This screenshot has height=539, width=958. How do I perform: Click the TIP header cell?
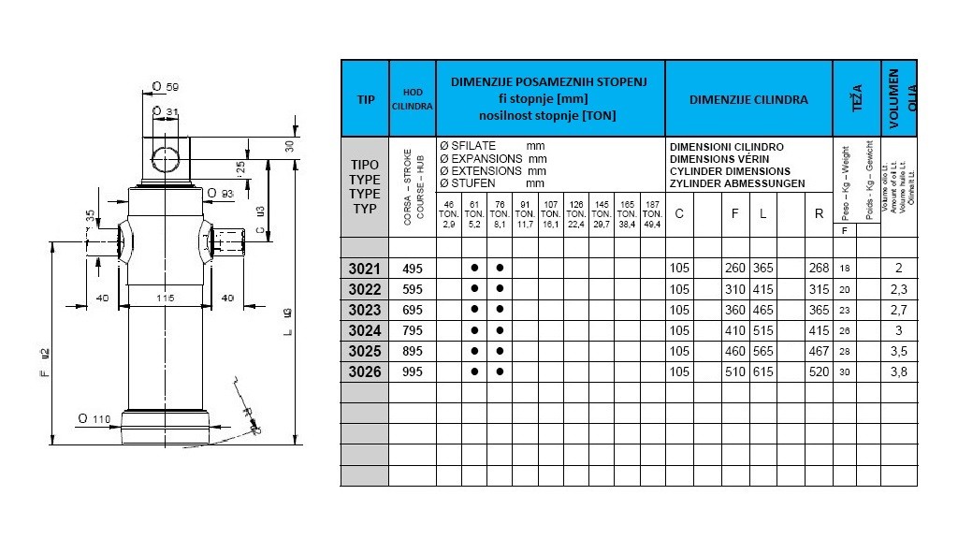click(x=364, y=98)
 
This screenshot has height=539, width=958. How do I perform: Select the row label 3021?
click(x=364, y=269)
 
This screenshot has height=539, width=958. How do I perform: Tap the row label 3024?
click(x=364, y=330)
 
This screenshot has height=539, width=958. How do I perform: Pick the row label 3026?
click(x=364, y=371)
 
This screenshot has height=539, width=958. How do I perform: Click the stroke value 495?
click(x=413, y=269)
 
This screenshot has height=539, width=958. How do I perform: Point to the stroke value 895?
click(x=413, y=351)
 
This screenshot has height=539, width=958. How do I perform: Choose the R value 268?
click(x=819, y=269)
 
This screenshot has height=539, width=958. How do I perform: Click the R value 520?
click(x=819, y=371)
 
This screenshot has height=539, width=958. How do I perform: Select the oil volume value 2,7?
click(x=899, y=310)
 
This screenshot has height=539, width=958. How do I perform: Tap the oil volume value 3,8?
click(x=899, y=371)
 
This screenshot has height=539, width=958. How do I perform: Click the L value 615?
click(x=763, y=371)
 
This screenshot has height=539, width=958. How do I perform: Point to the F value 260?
click(x=735, y=269)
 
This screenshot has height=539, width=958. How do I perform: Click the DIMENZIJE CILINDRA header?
click(x=748, y=98)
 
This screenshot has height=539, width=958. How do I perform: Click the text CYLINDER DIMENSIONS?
click(x=730, y=171)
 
